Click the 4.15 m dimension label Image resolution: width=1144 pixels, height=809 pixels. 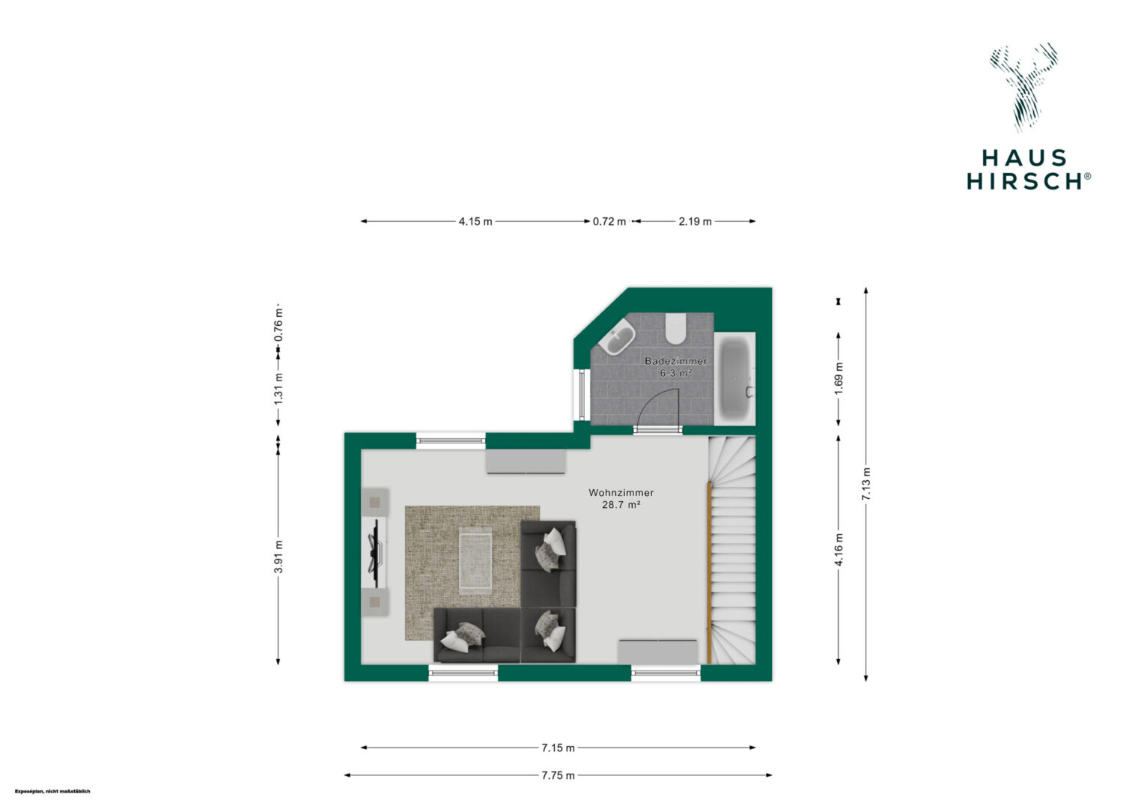[x=475, y=221]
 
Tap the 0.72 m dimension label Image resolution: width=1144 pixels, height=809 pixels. [x=609, y=221]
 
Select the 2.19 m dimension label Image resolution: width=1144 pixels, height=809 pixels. [x=695, y=221]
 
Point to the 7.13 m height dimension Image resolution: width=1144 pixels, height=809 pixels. [x=865, y=484]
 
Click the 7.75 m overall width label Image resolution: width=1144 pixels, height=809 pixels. [x=559, y=775]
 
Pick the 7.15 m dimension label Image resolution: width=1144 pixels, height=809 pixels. [x=559, y=748]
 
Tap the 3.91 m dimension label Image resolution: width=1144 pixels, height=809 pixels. [x=279, y=556]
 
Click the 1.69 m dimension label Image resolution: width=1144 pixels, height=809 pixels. [x=839, y=378]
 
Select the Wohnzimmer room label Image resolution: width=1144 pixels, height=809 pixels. [x=621, y=493]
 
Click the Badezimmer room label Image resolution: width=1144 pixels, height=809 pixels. [x=675, y=361]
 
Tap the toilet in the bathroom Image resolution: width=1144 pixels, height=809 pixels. [x=675, y=328]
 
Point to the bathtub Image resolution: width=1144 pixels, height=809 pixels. [x=734, y=379]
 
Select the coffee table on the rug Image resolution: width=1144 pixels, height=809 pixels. [x=475, y=560]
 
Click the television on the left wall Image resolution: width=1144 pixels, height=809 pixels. [x=375, y=553]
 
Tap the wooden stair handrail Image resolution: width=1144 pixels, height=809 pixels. [x=709, y=572]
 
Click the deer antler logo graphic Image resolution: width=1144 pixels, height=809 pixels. [x=1023, y=88]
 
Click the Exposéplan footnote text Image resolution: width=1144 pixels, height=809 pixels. [x=52, y=792]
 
